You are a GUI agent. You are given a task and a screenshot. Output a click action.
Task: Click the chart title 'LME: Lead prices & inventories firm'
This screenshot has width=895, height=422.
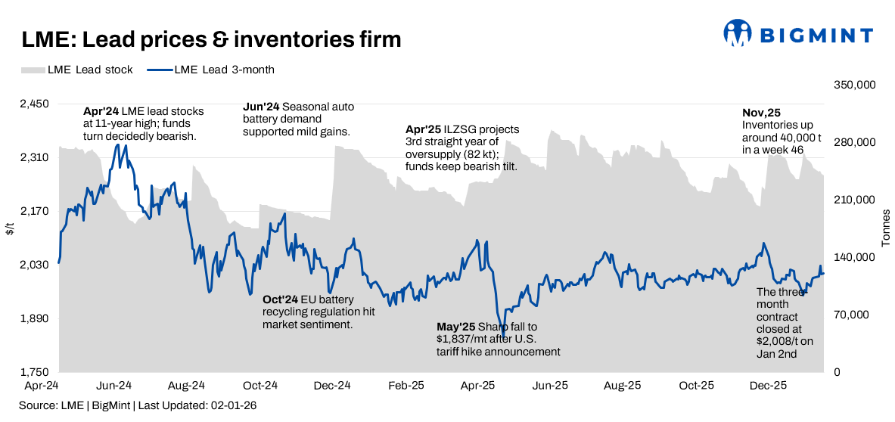(211, 39)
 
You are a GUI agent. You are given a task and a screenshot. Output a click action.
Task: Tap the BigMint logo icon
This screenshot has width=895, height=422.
(738, 33)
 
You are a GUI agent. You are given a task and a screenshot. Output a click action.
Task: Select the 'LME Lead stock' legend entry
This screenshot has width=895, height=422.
(77, 70)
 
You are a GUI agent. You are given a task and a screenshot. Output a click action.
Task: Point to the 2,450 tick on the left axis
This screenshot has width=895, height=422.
(33, 104)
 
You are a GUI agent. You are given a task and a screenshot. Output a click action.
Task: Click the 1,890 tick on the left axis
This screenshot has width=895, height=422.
(33, 318)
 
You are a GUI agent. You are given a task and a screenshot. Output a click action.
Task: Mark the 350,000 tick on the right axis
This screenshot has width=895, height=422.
(855, 85)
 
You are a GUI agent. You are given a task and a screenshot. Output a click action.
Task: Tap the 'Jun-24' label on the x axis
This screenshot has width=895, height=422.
(115, 385)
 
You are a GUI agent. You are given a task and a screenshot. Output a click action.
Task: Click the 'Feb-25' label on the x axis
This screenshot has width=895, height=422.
(406, 385)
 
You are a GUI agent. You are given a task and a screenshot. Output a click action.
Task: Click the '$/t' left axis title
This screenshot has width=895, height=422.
(10, 228)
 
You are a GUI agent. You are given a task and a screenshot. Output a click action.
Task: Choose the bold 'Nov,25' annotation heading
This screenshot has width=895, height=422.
(761, 112)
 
